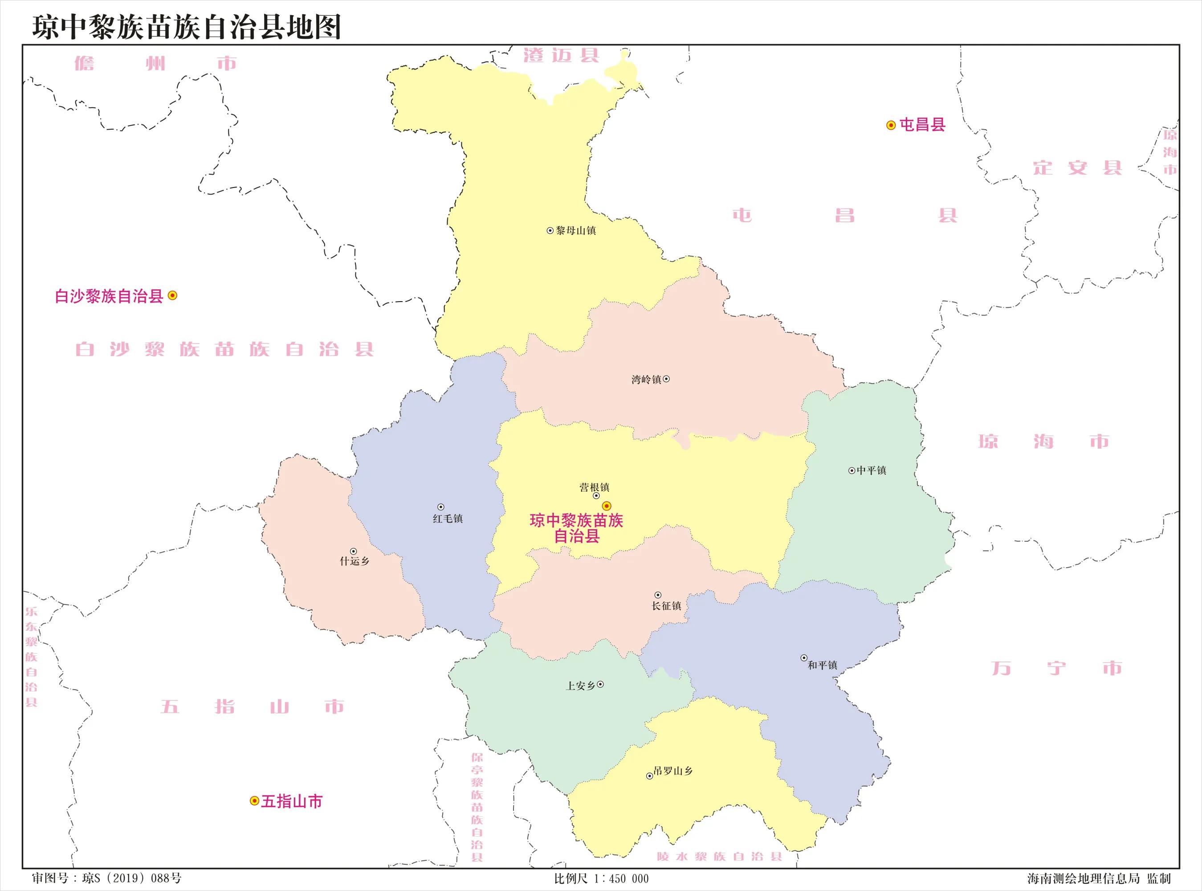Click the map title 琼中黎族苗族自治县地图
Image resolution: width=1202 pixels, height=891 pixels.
(187, 27)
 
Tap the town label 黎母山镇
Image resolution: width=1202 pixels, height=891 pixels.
(576, 231)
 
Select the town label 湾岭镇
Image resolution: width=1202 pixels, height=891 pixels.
(646, 380)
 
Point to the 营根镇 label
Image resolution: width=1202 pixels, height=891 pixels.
(594, 487)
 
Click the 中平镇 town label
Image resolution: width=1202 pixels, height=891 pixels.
(871, 470)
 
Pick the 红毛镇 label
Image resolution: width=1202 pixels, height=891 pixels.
(448, 519)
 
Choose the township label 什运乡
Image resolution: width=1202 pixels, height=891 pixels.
(354, 561)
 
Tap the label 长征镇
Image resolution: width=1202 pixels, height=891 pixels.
(666, 606)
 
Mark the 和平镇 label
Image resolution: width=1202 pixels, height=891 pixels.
(822, 666)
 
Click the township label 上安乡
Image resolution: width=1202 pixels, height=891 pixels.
(580, 686)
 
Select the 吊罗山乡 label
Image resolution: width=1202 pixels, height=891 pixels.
(672, 771)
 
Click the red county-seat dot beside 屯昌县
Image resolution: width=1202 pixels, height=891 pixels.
(891, 125)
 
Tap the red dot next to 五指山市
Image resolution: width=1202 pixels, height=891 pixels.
(254, 801)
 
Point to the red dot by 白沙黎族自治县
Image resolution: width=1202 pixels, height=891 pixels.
(172, 295)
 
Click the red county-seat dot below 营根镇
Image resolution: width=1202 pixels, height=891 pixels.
(607, 506)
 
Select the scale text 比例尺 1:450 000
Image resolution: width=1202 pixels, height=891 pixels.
(601, 879)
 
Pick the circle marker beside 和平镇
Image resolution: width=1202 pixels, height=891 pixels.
(804, 658)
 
